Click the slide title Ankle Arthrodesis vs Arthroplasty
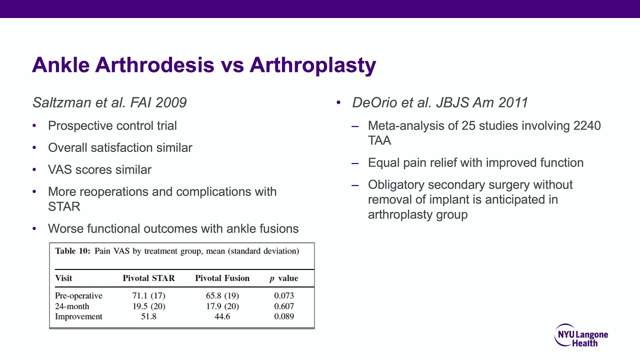click(203, 65)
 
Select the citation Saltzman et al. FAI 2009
click(109, 102)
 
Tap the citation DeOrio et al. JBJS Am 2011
click(440, 102)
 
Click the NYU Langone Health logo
click(581, 335)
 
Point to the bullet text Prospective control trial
click(112, 125)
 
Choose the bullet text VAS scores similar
click(99, 169)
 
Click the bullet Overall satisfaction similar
click(120, 147)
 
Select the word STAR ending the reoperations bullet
click(64, 206)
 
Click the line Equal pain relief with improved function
click(475, 162)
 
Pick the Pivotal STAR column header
click(148, 278)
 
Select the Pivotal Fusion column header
click(222, 278)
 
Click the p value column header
click(283, 278)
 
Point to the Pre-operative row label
click(78, 295)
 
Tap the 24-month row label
click(72, 306)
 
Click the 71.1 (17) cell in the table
click(148, 295)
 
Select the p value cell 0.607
click(283, 306)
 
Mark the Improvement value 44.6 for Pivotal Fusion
click(222, 316)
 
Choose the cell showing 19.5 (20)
click(148, 306)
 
